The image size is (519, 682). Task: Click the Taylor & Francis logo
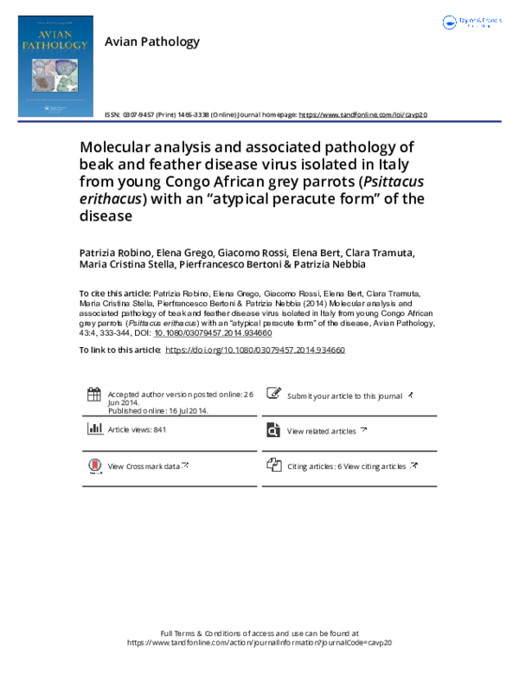(x=472, y=23)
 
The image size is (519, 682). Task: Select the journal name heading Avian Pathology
(x=151, y=42)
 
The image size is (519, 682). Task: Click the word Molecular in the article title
(x=116, y=147)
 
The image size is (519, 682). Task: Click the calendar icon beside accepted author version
(x=94, y=395)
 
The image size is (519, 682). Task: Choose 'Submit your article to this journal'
(x=344, y=396)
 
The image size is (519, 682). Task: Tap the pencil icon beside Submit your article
(x=273, y=395)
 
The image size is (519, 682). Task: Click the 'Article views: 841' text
(x=137, y=430)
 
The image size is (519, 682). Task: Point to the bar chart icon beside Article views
(x=94, y=429)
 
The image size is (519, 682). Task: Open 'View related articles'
(x=321, y=431)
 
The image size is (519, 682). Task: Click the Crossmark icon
(x=94, y=466)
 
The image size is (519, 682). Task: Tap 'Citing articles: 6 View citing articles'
(x=346, y=466)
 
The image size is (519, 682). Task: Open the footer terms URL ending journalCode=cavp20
(x=260, y=643)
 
